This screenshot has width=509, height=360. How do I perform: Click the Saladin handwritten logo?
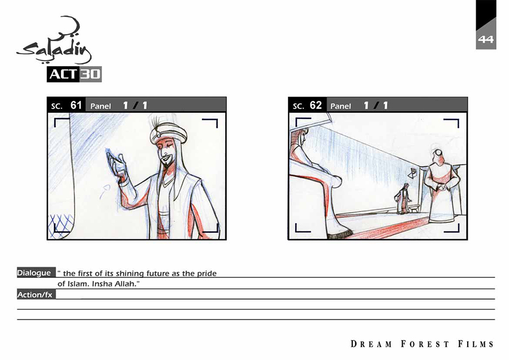click(x=54, y=41)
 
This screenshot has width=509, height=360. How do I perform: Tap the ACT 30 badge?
click(x=74, y=74)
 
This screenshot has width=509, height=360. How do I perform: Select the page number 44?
click(x=486, y=39)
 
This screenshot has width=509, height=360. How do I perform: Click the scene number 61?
click(x=76, y=105)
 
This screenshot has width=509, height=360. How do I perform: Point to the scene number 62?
click(x=316, y=105)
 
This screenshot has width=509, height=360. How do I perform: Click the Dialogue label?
click(x=34, y=273)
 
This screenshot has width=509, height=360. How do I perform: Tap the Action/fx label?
click(x=34, y=295)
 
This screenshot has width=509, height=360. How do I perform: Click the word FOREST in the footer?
click(x=425, y=344)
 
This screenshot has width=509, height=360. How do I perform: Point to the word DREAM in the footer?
click(x=372, y=344)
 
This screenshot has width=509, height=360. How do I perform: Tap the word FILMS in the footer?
click(x=476, y=344)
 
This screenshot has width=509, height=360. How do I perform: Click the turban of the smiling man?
click(x=168, y=131)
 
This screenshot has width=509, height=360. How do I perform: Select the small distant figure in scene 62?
click(x=403, y=199)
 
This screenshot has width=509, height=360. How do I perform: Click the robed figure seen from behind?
click(x=442, y=186)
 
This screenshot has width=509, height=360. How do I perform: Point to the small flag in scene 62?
click(x=412, y=173)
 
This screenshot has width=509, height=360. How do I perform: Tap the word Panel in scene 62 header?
click(x=340, y=106)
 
